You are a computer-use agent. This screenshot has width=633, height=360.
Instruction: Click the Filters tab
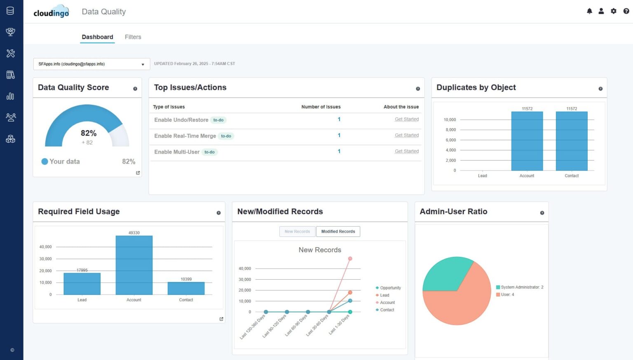click(x=133, y=37)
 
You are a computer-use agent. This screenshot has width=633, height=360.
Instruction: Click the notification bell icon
click(x=589, y=11)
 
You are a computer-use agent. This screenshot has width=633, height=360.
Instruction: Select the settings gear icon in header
click(x=614, y=11)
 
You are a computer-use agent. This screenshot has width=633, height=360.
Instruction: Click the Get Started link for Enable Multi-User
click(x=406, y=151)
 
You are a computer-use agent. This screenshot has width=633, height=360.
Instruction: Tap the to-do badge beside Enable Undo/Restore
click(x=218, y=120)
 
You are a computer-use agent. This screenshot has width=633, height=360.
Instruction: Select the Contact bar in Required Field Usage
click(x=186, y=288)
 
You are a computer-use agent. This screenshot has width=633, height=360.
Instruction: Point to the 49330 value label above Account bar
click(x=134, y=233)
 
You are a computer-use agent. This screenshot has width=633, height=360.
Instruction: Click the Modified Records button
click(x=338, y=231)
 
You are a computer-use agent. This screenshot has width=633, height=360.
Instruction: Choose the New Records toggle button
click(x=297, y=231)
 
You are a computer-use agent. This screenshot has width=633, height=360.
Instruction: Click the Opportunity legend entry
click(x=390, y=288)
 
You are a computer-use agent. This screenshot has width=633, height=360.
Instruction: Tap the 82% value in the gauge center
click(x=89, y=133)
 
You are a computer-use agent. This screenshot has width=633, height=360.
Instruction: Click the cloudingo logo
click(x=52, y=12)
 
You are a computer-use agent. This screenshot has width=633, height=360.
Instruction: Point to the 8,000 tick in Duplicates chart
click(x=450, y=130)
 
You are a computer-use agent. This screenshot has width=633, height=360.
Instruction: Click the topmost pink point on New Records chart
click(x=350, y=259)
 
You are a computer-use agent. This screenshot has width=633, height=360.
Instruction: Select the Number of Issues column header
click(x=321, y=107)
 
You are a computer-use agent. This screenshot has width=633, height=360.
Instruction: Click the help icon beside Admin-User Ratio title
click(x=542, y=213)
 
